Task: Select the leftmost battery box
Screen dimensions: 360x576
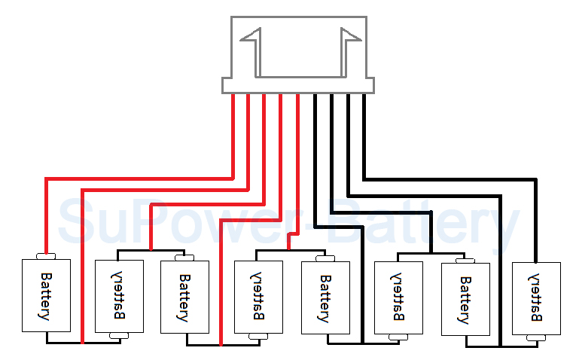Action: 47,295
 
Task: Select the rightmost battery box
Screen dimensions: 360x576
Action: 536,298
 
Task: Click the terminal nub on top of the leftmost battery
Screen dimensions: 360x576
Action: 47,256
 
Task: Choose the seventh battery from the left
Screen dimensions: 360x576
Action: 465,298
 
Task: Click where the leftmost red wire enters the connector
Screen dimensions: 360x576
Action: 233,96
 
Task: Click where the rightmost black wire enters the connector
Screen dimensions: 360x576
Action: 364,96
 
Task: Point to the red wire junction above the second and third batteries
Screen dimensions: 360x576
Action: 151,249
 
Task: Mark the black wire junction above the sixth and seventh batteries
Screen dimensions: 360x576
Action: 431,252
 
